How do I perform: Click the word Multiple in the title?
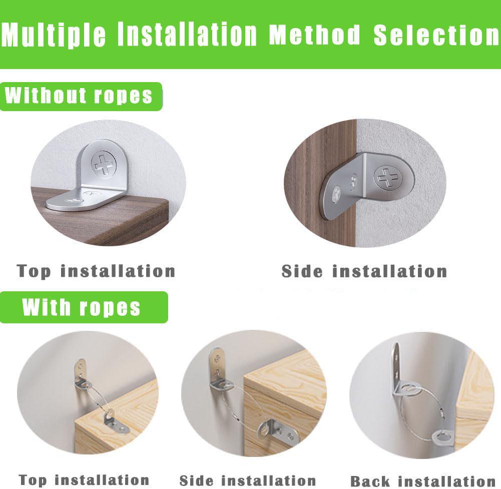click(x=54, y=35)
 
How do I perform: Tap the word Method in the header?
click(x=315, y=34)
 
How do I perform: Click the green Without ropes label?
click(x=81, y=96)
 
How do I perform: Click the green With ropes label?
click(x=84, y=307)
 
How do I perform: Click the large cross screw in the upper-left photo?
click(x=104, y=165)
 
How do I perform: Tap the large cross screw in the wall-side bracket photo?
click(x=386, y=177)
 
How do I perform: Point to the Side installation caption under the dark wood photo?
click(x=364, y=271)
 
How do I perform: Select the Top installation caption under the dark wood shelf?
click(x=96, y=271)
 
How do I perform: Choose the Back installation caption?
click(x=423, y=481)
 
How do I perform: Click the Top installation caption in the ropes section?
click(x=84, y=479)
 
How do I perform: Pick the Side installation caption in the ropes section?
click(x=248, y=480)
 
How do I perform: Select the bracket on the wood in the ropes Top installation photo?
click(x=116, y=421)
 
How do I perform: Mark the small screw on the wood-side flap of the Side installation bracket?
click(x=336, y=194)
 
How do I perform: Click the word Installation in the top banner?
click(x=187, y=34)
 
